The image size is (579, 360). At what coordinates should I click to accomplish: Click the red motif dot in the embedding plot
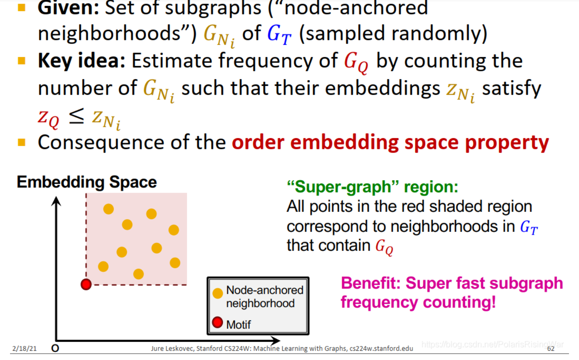point(86,284)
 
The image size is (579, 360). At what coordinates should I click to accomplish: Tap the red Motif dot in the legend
point(218,322)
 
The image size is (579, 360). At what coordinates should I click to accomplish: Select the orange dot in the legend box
point(218,294)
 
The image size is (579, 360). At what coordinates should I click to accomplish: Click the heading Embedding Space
point(87,182)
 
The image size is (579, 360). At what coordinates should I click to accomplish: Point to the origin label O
point(55,348)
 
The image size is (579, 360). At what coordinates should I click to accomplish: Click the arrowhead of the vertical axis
point(56,200)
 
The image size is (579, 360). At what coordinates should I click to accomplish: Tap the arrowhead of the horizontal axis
point(276,341)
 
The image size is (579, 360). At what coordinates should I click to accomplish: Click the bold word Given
point(68,8)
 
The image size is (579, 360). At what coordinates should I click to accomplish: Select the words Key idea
point(81,61)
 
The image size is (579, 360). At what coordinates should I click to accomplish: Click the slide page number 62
point(551,349)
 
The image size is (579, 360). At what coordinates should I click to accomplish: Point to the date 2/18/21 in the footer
point(24,349)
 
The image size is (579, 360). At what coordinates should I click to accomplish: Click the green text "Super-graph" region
point(372,187)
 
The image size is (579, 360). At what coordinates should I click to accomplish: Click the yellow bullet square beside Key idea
point(22,61)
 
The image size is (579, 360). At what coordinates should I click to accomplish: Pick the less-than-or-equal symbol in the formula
point(76,116)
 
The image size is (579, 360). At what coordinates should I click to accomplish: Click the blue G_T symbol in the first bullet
point(279,34)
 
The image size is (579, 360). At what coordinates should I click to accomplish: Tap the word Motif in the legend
point(238,324)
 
